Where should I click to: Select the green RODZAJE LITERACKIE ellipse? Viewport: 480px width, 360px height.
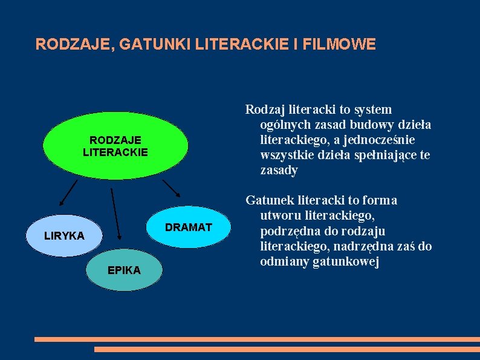[x=115, y=146]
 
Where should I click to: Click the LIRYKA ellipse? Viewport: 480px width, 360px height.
[x=64, y=235]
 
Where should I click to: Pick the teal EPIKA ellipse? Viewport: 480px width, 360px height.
[x=124, y=270]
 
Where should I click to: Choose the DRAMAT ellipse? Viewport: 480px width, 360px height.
[x=189, y=227]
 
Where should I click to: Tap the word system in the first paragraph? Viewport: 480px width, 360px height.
[x=372, y=110]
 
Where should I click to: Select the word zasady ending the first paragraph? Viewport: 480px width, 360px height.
[x=279, y=170]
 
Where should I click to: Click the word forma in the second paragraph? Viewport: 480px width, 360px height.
[x=380, y=200]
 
